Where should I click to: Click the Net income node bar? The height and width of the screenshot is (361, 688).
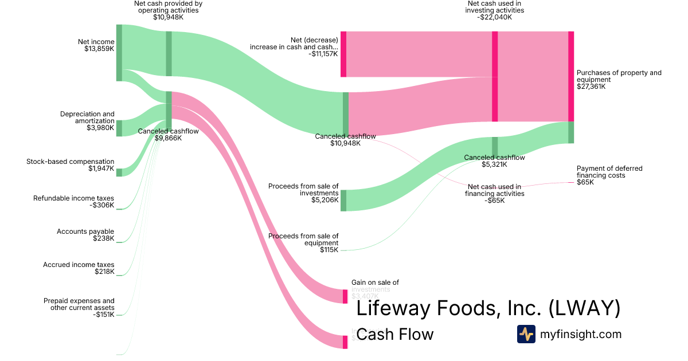[x=119, y=53]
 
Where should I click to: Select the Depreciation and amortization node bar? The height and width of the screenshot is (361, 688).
[x=119, y=128]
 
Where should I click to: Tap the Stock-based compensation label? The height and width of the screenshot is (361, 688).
[x=71, y=162]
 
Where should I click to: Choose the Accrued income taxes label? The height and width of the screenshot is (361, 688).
[x=79, y=265]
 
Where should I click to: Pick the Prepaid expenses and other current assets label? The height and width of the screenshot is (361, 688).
[x=79, y=304]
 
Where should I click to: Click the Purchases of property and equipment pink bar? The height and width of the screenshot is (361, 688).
[x=570, y=76]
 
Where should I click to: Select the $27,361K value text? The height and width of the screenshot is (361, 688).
[x=591, y=87]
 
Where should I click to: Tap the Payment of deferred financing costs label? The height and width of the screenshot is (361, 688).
[x=609, y=172]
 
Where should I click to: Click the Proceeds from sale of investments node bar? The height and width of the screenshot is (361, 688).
[x=343, y=201]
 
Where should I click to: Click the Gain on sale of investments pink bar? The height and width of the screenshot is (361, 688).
[x=345, y=296]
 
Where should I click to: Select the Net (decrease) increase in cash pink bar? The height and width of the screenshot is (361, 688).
[x=343, y=54]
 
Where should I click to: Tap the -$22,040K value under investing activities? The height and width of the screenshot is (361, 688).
[x=494, y=17]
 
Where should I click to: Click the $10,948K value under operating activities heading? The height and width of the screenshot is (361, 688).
[x=168, y=17]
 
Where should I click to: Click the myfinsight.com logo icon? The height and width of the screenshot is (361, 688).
[x=526, y=334]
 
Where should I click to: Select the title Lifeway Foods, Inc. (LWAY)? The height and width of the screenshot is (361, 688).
[x=488, y=308]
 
